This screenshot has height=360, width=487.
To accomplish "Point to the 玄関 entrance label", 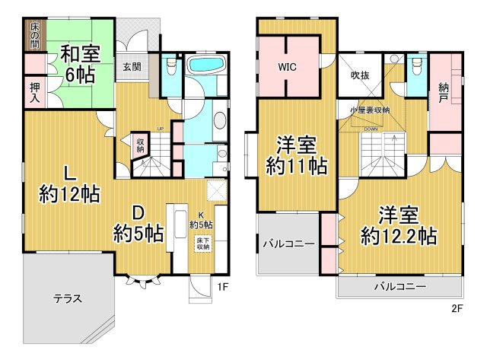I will coord(131,66).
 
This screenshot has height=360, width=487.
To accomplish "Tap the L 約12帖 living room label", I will coord(69,183).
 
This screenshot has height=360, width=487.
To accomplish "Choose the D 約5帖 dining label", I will coord(139,221).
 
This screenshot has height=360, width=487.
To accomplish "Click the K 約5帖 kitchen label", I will coord(201,220).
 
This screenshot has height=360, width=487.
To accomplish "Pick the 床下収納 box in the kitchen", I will coord(202,243).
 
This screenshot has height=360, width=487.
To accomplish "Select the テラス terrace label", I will coord(68,298).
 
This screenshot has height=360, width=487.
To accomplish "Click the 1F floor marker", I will coord(222,287).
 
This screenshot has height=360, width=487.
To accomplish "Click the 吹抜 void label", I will coord(359,75).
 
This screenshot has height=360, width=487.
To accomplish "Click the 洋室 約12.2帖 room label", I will coord(397,225).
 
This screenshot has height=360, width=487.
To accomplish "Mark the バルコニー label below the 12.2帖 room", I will coord(399,287).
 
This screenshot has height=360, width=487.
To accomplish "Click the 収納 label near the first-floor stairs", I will coord(141,145).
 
